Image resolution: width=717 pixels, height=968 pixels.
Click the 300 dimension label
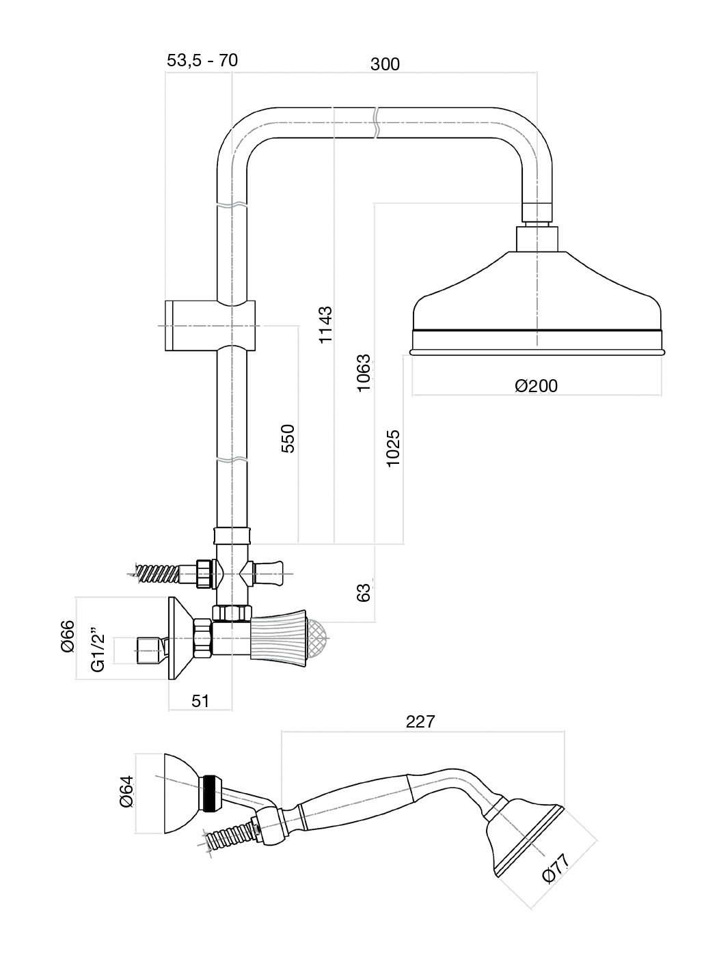click(385, 64)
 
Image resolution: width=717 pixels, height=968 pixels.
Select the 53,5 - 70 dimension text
click(202, 60)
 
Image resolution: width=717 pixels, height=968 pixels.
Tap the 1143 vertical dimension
click(325, 324)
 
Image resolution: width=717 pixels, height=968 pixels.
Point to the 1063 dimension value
click(364, 373)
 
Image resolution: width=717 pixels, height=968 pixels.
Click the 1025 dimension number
click(393, 448)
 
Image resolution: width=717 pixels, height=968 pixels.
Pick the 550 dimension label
click(288, 438)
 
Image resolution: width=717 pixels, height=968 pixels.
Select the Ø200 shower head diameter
click(536, 386)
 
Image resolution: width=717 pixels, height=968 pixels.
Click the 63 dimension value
click(364, 593)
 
